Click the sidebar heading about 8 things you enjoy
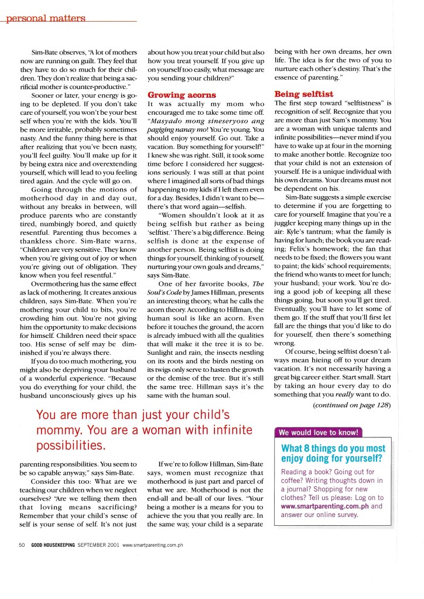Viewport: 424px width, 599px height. click(x=333, y=454)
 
